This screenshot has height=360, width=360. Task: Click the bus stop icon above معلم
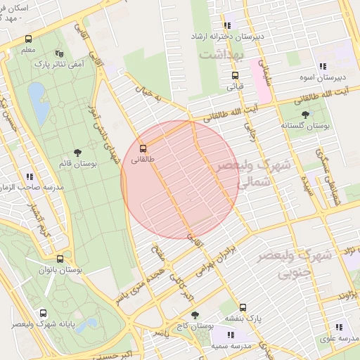[x=28, y=39]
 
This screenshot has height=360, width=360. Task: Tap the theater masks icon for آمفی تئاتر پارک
[x=59, y=53]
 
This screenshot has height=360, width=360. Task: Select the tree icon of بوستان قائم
[x=77, y=152]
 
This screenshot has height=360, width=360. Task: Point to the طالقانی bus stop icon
[x=143, y=148]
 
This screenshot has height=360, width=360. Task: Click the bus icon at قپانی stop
[x=235, y=76]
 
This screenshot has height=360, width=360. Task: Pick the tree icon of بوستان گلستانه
[x=305, y=114]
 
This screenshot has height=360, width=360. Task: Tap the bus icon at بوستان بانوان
[x=60, y=259]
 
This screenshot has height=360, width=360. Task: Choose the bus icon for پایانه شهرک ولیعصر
[x=44, y=314]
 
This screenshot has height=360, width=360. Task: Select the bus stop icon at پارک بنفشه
[x=243, y=307]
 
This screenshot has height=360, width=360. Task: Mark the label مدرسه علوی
[x=339, y=338]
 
